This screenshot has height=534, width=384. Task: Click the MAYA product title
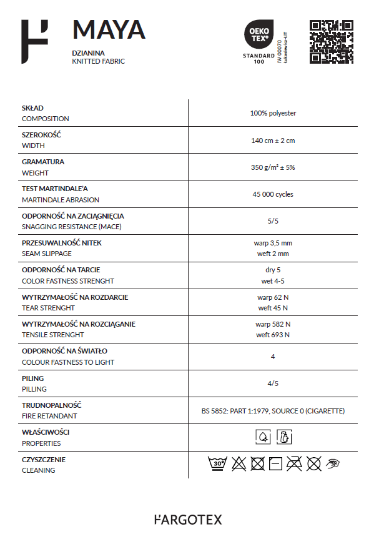pos(109,30)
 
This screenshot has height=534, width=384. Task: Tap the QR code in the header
pos(332,42)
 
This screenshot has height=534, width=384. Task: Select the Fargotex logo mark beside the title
pos(34,41)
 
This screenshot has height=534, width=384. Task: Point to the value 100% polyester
pos(273,113)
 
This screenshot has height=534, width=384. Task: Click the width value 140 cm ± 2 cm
pos(273,141)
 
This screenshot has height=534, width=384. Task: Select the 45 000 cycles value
pos(273,194)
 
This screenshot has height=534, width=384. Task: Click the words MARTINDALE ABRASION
pos(61,200)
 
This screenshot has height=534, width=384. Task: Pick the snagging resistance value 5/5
pos(273,220)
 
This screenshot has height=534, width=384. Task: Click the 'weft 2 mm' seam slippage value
pos(273,254)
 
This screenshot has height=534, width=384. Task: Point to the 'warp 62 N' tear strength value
pos(273,297)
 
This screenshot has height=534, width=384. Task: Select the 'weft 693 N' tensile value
pos(273,335)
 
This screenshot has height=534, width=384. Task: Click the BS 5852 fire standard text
pos(273,411)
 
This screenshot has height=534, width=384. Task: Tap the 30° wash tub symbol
pos(217,464)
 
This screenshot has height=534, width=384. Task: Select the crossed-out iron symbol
pos(295,464)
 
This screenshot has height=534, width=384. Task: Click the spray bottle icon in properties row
pos(284,437)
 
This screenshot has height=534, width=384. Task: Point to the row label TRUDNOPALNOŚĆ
pos(52,405)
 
